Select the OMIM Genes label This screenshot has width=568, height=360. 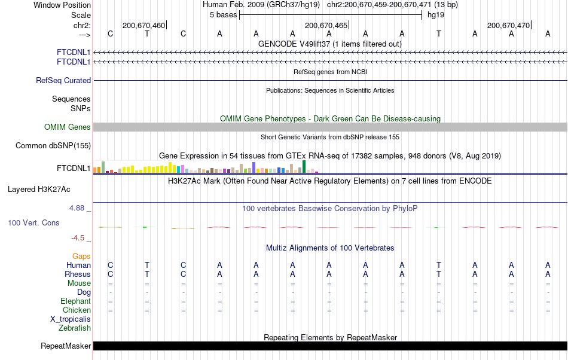(68, 127)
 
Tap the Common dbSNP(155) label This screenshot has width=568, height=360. (53, 145)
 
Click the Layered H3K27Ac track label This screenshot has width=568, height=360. (39, 190)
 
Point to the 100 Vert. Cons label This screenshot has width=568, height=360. (33, 222)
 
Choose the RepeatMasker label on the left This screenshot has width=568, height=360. (66, 346)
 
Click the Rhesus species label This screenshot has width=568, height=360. (78, 274)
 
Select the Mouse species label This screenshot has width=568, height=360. (79, 283)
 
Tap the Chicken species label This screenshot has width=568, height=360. (77, 310)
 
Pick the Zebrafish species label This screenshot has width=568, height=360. (75, 328)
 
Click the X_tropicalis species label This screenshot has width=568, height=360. (71, 319)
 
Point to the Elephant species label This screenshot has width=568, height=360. (75, 301)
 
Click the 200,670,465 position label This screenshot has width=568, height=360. (326, 25)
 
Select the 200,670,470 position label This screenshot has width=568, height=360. (508, 25)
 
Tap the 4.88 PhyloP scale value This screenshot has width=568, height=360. (78, 208)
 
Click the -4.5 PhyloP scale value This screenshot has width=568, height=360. (80, 237)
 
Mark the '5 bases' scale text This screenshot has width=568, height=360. (223, 15)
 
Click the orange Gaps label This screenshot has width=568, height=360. (81, 256)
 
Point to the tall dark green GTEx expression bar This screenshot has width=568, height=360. (304, 167)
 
